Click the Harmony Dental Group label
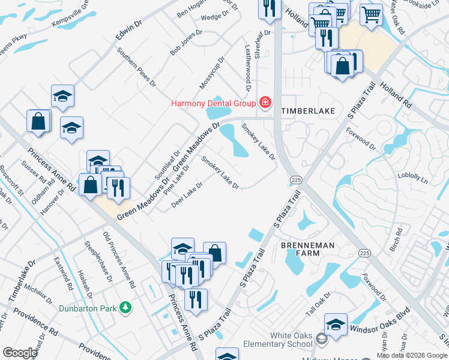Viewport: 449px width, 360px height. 213,103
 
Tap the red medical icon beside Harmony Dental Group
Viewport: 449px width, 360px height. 264,103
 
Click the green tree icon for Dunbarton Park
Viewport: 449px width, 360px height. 125,307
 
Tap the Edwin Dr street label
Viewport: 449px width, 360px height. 128,31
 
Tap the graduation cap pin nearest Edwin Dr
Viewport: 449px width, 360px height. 62,96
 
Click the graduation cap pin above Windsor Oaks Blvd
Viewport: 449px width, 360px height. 336,325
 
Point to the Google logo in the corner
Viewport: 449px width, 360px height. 20,352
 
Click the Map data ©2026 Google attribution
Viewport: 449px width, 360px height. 412,355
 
